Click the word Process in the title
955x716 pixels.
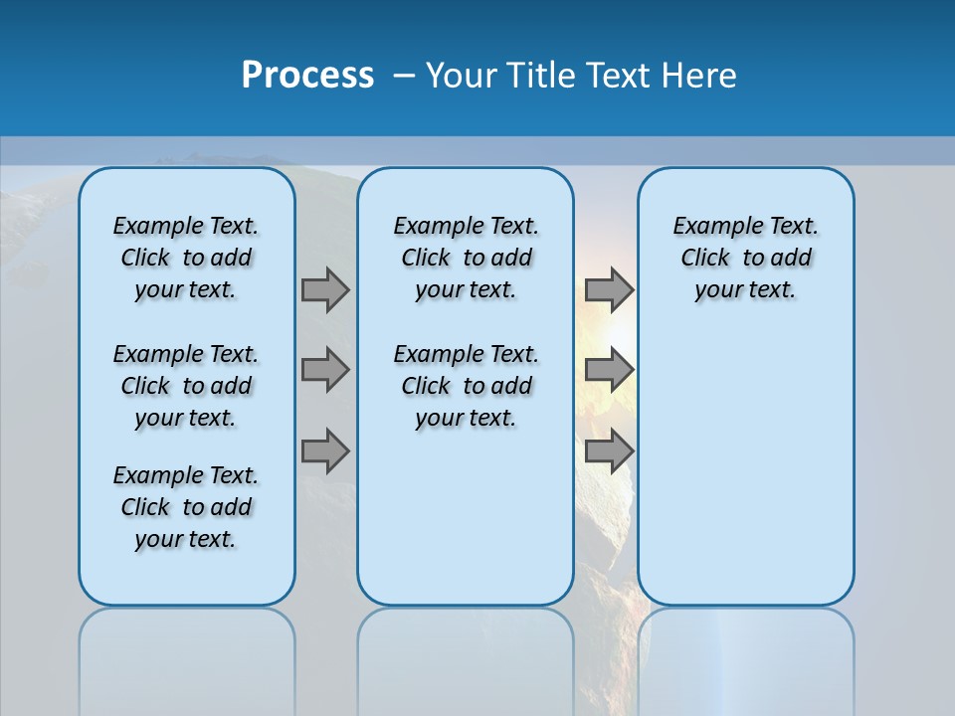tap(307, 76)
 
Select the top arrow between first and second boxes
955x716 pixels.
tap(325, 289)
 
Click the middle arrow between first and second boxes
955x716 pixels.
tap(325, 370)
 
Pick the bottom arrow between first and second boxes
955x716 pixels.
tap(325, 450)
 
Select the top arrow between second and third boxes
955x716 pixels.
tap(609, 289)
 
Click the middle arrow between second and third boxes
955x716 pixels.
tap(609, 370)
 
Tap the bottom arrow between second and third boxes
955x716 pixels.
tap(609, 450)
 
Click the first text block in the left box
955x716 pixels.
tap(186, 258)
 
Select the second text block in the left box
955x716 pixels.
tap(186, 386)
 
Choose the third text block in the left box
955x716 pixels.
tap(186, 507)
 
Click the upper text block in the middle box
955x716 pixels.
tap(466, 258)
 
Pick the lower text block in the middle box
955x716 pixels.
tap(466, 386)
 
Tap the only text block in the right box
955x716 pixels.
tap(745, 258)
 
